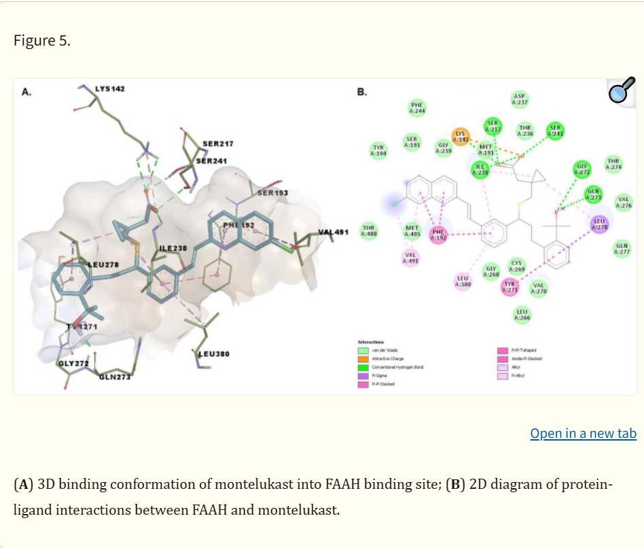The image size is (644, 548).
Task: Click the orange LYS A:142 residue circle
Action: click(x=461, y=136)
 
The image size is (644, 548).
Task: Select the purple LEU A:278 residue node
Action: click(x=599, y=224)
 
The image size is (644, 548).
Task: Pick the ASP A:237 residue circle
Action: click(x=520, y=99)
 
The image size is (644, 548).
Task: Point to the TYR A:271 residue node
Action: click(x=510, y=288)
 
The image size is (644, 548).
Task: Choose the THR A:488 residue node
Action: click(x=369, y=230)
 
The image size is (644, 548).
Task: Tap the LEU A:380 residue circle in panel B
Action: click(x=463, y=281)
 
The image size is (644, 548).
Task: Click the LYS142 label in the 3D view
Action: click(x=109, y=89)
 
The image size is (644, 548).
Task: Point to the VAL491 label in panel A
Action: click(x=333, y=232)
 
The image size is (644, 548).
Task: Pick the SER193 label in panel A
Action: click(x=273, y=193)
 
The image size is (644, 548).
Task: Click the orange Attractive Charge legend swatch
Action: click(x=363, y=358)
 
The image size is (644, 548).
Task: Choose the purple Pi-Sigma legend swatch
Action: click(x=363, y=375)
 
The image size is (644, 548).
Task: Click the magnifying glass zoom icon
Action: click(x=621, y=90)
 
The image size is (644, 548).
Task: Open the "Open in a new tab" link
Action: click(x=583, y=433)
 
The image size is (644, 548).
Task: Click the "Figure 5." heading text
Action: click(x=41, y=40)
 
